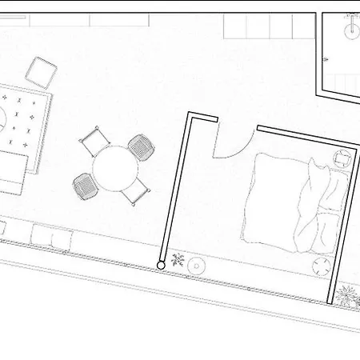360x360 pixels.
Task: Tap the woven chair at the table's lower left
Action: (84, 187)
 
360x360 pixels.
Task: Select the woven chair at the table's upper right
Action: (141, 146)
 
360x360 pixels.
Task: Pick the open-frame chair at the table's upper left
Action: (94, 142)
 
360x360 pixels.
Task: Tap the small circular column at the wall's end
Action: (162, 264)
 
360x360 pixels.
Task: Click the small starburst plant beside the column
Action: (178, 261)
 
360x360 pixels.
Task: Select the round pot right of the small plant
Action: (196, 262)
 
